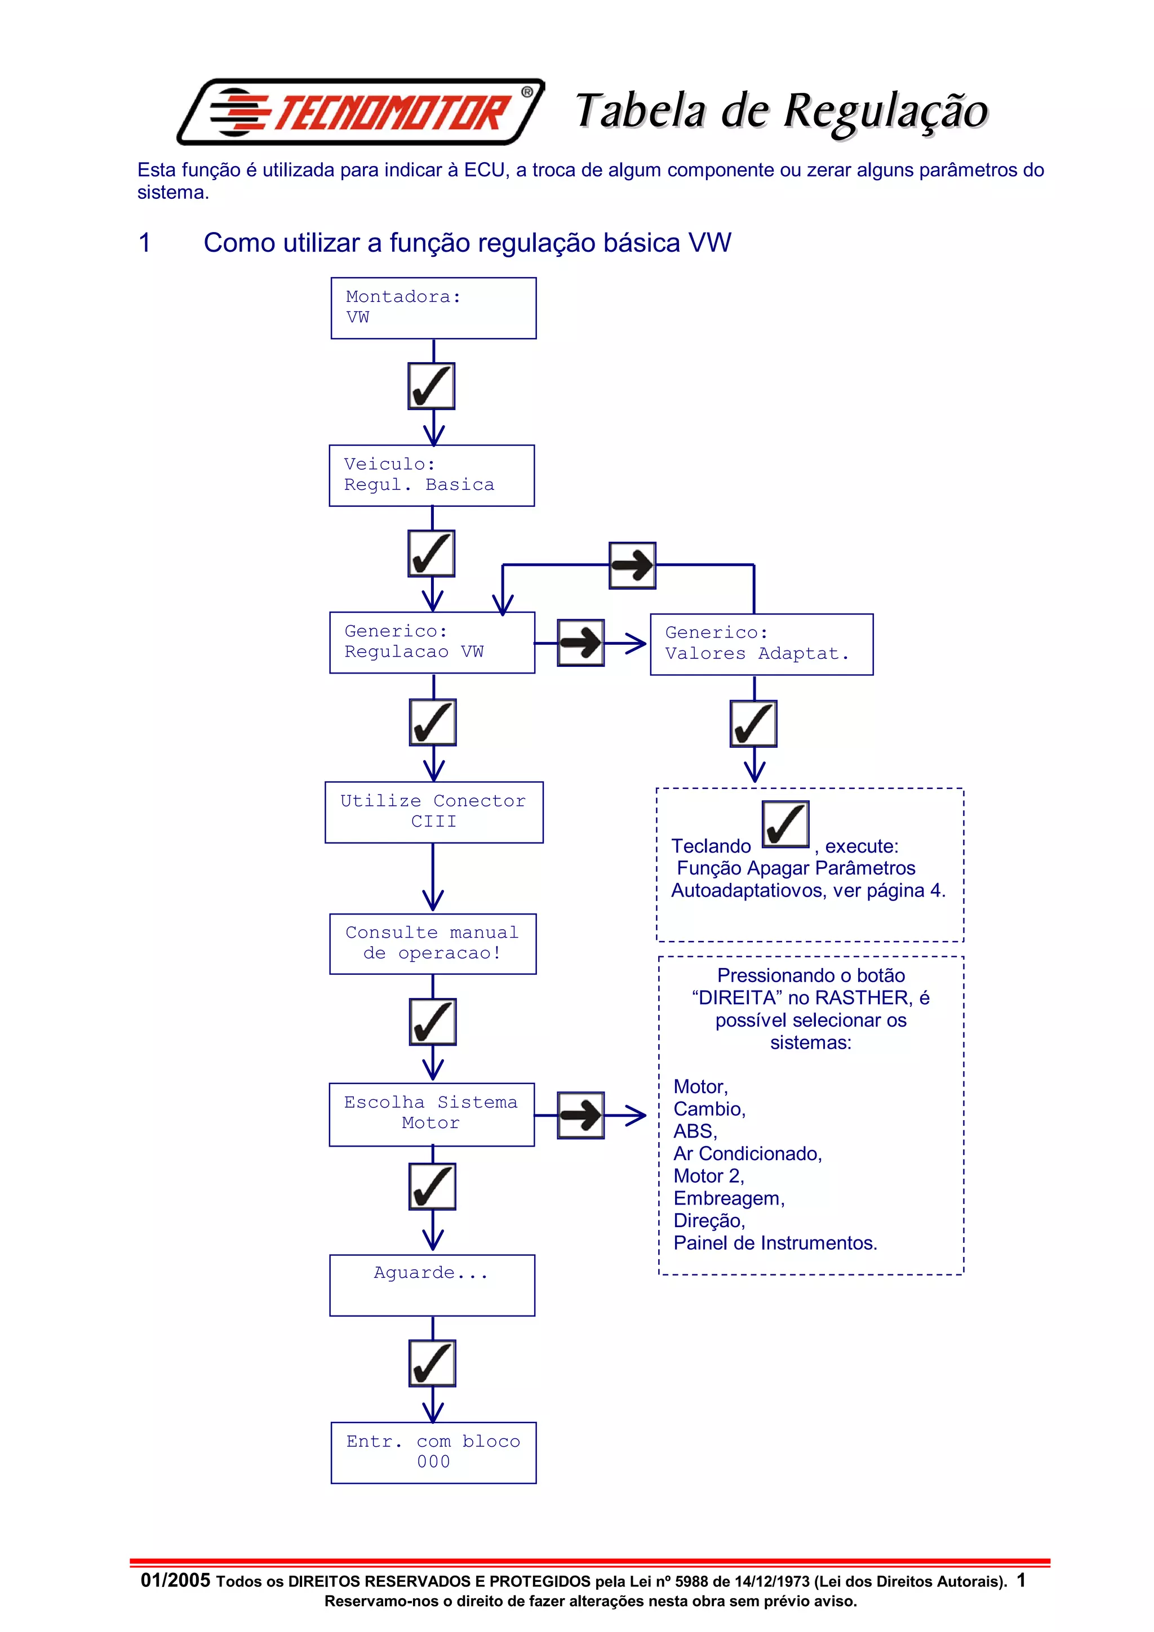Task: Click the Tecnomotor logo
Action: pyautogui.click(x=361, y=112)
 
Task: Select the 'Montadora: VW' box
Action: pyautogui.click(x=433, y=308)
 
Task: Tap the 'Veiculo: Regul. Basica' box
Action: pyautogui.click(x=432, y=475)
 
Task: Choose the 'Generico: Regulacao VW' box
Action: pyautogui.click(x=432, y=643)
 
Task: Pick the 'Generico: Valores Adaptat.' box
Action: pyautogui.click(x=761, y=644)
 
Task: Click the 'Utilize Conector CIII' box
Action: pyautogui.click(x=434, y=811)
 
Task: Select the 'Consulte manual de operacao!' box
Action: pyautogui.click(x=432, y=943)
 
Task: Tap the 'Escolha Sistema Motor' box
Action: pyautogui.click(x=432, y=1114)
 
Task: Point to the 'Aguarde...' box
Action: pyautogui.click(x=432, y=1285)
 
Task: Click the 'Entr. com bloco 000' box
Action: pyautogui.click(x=433, y=1452)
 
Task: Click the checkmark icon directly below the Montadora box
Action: pyautogui.click(x=431, y=386)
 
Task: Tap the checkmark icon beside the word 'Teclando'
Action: pyautogui.click(x=785, y=824)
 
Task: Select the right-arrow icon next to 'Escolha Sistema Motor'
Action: pyautogui.click(x=580, y=1114)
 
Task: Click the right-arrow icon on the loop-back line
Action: pyautogui.click(x=632, y=565)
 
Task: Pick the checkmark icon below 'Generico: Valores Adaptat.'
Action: pyautogui.click(x=753, y=724)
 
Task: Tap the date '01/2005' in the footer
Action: pyautogui.click(x=175, y=1580)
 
